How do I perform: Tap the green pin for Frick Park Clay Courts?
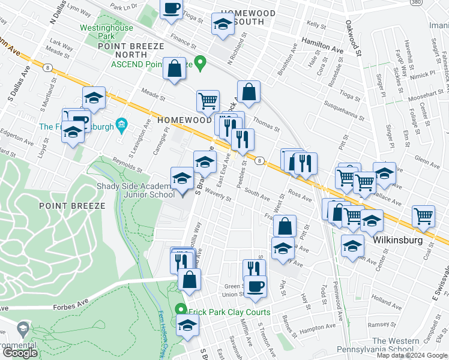pos(181,310)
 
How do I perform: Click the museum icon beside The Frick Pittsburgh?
pos(121,125)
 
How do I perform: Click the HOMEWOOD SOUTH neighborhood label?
pos(247,17)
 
